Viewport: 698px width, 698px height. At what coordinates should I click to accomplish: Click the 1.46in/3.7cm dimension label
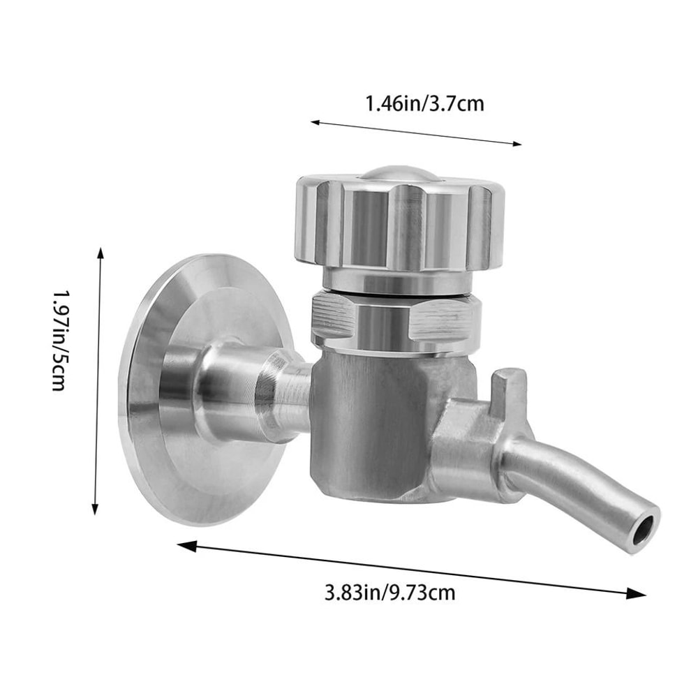click(x=424, y=104)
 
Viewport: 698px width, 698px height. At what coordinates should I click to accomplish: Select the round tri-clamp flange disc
click(x=171, y=391)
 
